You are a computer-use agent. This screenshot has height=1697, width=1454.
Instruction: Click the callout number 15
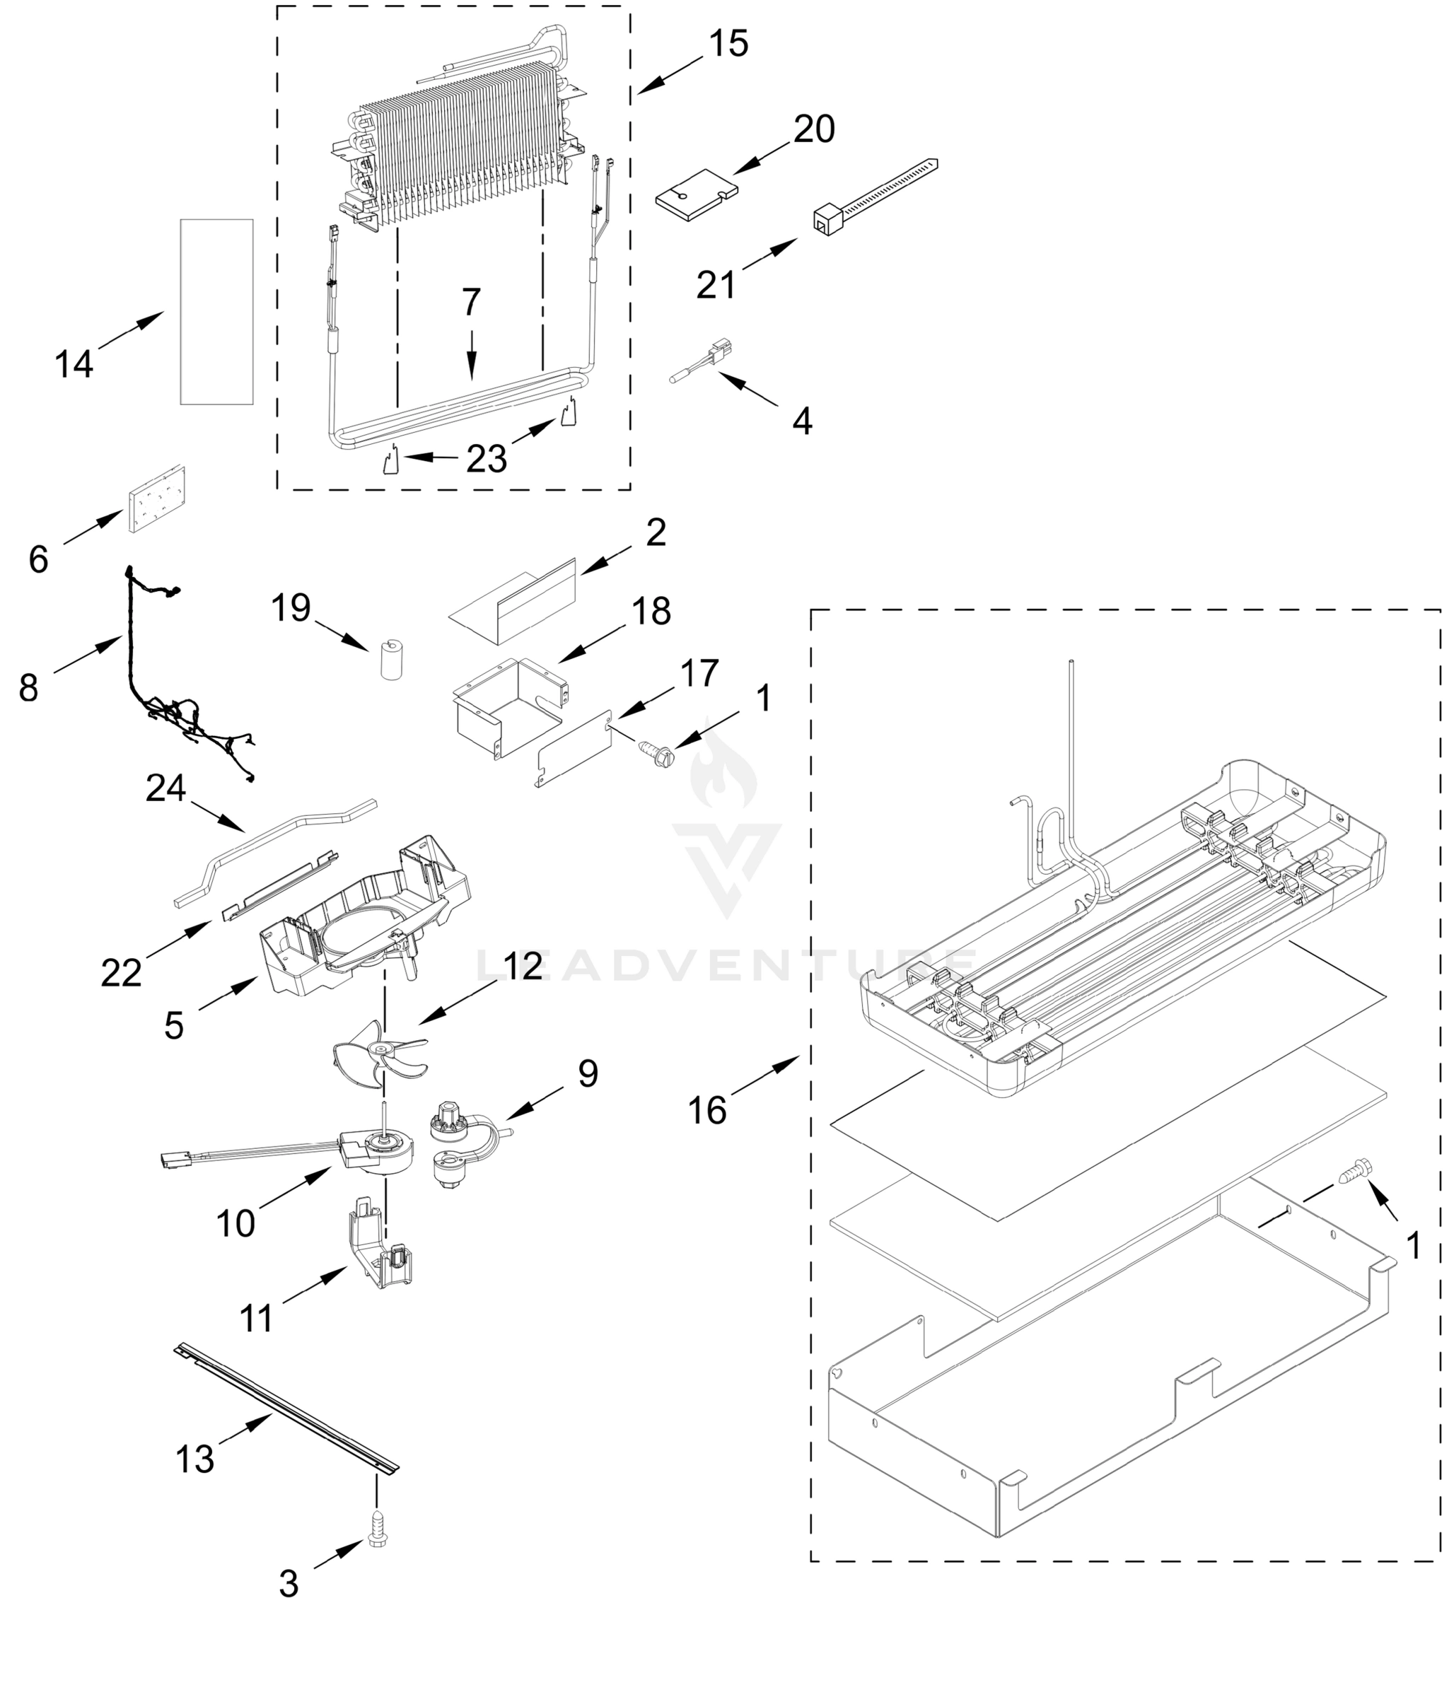click(x=728, y=42)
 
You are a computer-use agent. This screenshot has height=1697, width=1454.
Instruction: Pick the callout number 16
click(x=707, y=1111)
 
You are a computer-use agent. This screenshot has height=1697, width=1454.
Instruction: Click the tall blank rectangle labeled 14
click(x=216, y=312)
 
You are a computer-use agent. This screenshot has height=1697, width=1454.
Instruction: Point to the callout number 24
click(x=165, y=788)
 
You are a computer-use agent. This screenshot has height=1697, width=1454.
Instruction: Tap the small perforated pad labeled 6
click(x=156, y=500)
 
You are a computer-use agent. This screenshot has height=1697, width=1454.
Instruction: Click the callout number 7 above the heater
click(x=471, y=303)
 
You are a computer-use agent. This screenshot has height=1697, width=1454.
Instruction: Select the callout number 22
click(x=121, y=973)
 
